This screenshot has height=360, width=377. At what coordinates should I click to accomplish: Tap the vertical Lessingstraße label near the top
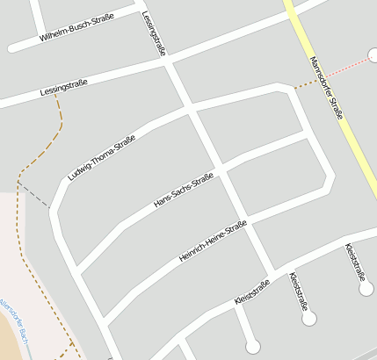tap(156, 33)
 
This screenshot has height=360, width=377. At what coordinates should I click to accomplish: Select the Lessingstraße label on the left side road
tap(63, 88)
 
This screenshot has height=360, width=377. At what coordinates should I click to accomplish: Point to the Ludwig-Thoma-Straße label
tap(102, 158)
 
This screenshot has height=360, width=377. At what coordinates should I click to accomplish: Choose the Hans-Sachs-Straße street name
tap(184, 190)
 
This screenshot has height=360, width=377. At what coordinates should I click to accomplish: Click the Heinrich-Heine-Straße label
tap(213, 241)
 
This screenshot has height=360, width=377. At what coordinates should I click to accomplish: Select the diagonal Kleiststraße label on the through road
tap(252, 292)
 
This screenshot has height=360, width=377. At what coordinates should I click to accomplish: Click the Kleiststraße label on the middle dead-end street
tap(299, 292)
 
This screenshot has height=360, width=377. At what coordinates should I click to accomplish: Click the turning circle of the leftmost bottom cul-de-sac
tap(253, 345)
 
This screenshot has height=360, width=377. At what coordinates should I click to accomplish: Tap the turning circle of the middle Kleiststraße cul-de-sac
tap(308, 319)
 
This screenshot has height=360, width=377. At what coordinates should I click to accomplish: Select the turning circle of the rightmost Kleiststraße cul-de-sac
tap(366, 288)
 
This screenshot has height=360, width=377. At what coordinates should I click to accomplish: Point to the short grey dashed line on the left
tap(33, 196)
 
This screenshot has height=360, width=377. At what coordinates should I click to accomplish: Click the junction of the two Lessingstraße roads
tap(169, 62)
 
